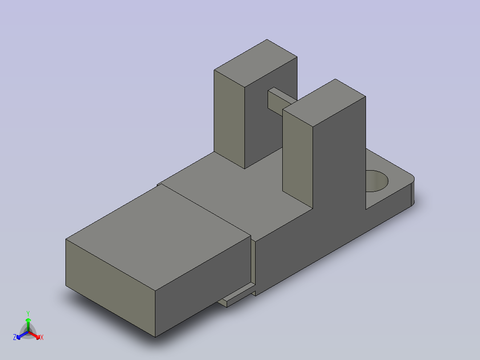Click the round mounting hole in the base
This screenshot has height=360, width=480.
click(377, 181)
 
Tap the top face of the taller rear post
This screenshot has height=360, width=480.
click(256, 63)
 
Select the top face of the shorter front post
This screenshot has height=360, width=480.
click(324, 102)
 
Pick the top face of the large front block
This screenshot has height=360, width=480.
click(158, 237)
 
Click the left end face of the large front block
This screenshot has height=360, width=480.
click(110, 288)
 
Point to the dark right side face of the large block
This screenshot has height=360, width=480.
click(203, 286)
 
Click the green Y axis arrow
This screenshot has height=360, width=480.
click(28, 325)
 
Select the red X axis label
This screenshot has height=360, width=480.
click(42, 337)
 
